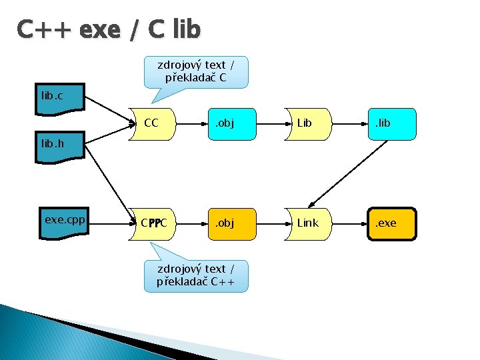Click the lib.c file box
pos(59,97)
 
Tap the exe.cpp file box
pos(61,220)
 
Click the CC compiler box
pos(153,123)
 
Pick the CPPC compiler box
pos(153,223)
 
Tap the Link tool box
pos(308,223)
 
